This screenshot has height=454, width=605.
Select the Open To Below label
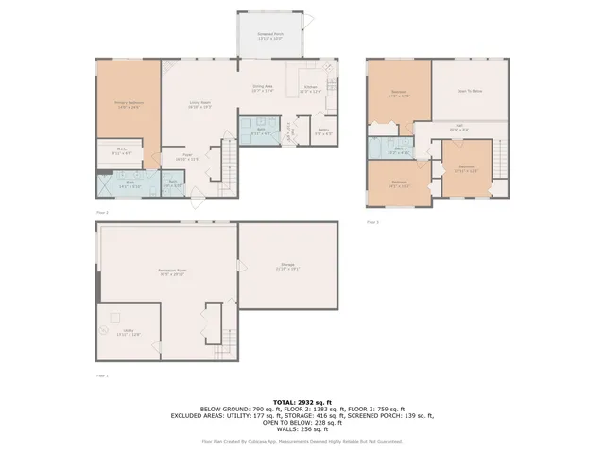[x=470, y=92]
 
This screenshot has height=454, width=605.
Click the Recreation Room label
[x=171, y=271]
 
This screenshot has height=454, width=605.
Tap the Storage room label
[x=287, y=266]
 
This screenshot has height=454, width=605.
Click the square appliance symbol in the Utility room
[x=117, y=317]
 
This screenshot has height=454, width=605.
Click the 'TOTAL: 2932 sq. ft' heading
[x=302, y=402]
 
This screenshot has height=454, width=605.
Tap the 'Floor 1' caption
[x=103, y=375]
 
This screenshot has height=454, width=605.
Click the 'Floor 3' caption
[x=372, y=222]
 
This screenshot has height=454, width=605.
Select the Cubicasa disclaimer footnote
[x=302, y=441]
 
